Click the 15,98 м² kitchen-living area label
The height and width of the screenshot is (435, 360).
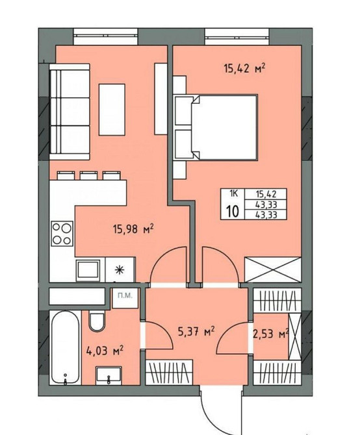point(133,229)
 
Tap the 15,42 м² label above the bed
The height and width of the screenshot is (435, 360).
point(244,68)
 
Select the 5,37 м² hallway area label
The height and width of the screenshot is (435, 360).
point(196,331)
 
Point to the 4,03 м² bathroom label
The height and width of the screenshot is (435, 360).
point(105,351)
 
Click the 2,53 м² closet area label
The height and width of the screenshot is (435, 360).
point(270,334)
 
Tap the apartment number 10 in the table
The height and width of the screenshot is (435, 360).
point(233,212)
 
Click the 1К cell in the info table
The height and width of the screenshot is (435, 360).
point(233,193)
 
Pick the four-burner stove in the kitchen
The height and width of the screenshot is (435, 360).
point(62,234)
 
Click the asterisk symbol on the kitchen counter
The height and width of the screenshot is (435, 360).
point(119,269)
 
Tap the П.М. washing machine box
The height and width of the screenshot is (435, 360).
point(125,297)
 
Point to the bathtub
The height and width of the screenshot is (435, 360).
point(65,347)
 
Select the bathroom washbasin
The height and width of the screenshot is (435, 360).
point(109,375)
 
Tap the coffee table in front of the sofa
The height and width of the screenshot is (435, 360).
point(112,110)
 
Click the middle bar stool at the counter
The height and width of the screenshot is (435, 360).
point(88,175)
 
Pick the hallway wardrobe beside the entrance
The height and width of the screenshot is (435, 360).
point(169,372)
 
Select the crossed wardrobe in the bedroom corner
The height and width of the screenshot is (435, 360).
point(272,270)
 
